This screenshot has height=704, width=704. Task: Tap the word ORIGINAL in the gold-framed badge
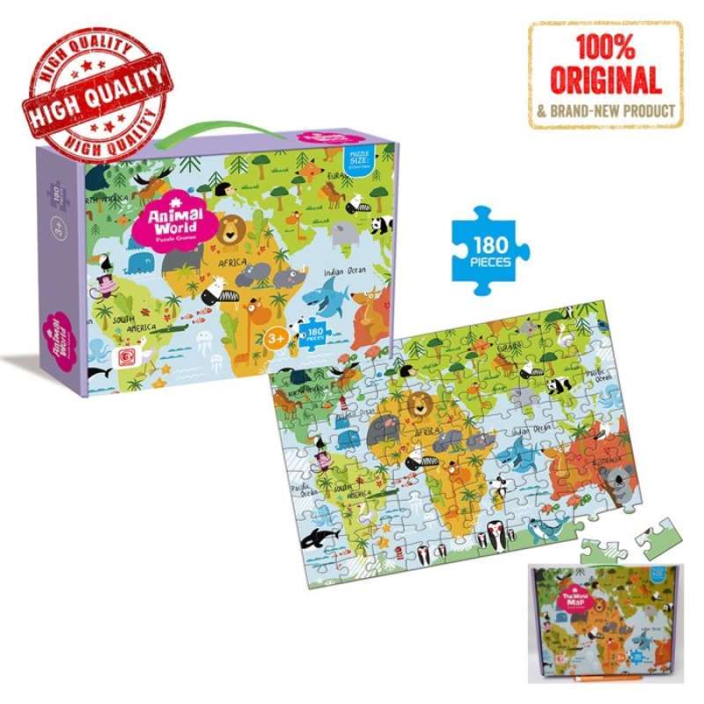point(606,82)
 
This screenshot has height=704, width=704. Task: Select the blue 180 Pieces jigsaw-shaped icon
point(489,244)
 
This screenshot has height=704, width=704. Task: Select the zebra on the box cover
point(215,290)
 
